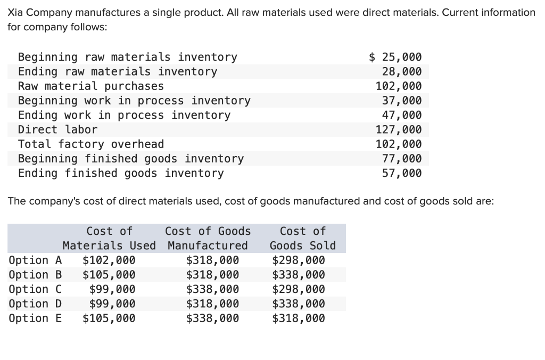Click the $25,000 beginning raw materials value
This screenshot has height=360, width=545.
(395, 57)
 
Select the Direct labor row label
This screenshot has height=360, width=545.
(57, 129)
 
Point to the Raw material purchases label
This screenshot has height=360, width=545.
(91, 86)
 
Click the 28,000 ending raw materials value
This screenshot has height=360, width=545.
(402, 71)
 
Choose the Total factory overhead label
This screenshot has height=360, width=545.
(91, 144)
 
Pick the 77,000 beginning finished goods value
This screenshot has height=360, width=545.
(402, 158)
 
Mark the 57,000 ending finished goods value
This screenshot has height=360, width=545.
(402, 173)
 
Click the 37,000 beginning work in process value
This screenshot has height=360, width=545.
(402, 101)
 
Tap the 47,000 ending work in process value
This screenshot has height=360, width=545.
(402, 115)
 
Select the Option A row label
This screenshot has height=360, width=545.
(35, 260)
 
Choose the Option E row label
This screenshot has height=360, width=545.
(35, 318)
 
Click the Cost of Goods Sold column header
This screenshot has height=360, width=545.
(303, 238)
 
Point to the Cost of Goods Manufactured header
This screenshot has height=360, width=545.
(208, 238)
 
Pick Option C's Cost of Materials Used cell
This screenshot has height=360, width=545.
(112, 289)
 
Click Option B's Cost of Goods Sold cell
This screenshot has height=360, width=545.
(298, 275)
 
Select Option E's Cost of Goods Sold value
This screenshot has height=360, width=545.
(298, 318)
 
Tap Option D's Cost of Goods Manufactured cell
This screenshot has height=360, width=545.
(212, 304)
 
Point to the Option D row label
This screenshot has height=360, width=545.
(35, 304)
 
